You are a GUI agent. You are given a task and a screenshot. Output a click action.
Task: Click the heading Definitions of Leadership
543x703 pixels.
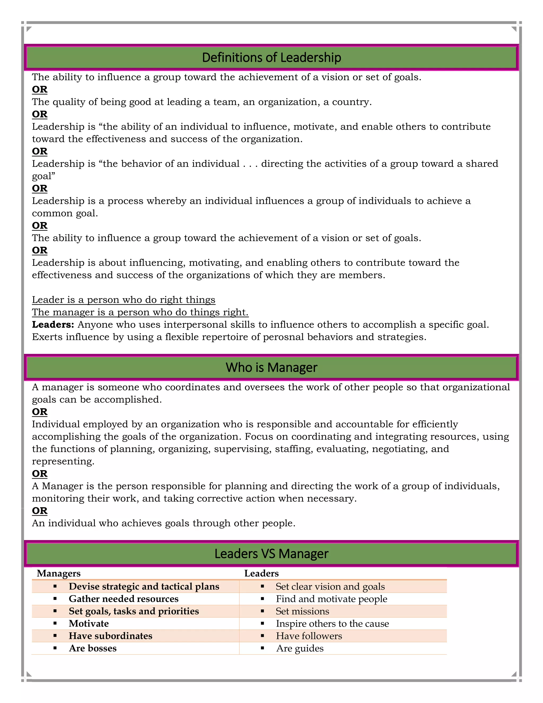(271, 58)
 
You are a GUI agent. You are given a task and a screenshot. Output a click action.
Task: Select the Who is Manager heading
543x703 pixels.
(271, 367)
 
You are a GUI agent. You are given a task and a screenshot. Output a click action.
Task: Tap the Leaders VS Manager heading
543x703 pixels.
(271, 553)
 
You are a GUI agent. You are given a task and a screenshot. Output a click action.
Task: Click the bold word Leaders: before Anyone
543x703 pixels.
(53, 324)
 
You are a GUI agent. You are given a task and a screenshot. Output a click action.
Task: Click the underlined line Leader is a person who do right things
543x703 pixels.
(124, 300)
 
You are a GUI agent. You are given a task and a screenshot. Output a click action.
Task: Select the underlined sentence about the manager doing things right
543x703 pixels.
(140, 312)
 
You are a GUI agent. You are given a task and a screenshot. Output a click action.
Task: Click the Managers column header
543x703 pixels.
(59, 573)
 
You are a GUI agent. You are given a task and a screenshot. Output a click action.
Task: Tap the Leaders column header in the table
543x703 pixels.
(261, 573)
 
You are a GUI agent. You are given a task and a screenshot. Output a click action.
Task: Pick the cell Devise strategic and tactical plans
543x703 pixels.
(144, 587)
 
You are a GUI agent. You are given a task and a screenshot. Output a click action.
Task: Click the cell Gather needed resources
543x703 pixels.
(124, 599)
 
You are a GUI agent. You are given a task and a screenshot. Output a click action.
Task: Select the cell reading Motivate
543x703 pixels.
(89, 623)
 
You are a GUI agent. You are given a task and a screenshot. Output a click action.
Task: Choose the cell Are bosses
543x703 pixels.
(93, 648)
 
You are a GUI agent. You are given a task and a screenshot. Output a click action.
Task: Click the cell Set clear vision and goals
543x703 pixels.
(330, 587)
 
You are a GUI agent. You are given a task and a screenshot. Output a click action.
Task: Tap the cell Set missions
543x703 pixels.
(302, 611)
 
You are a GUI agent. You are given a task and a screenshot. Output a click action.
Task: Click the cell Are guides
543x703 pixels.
(300, 648)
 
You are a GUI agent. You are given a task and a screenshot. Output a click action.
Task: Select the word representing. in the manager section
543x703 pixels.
(63, 461)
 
